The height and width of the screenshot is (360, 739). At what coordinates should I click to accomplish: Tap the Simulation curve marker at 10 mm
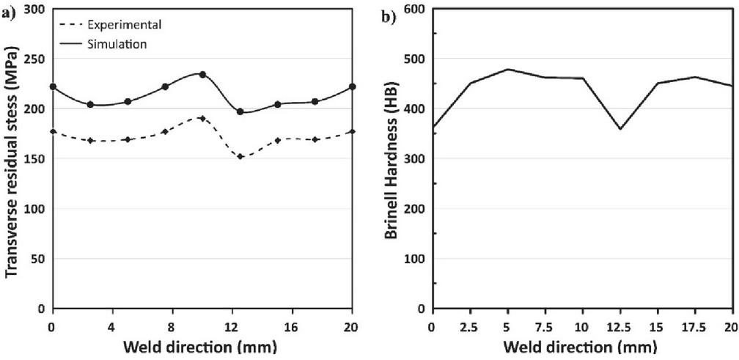(202, 75)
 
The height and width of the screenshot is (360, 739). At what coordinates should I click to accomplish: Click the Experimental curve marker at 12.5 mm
(240, 156)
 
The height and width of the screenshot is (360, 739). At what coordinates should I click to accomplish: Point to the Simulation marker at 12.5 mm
(240, 111)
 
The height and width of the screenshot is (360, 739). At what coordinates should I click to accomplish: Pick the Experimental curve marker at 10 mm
(202, 118)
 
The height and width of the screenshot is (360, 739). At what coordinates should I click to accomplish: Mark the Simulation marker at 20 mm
(353, 87)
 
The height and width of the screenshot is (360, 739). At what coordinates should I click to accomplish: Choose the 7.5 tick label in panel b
(545, 325)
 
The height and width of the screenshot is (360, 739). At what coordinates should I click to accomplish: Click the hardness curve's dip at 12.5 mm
(620, 129)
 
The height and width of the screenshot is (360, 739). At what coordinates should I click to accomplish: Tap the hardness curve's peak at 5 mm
(507, 69)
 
